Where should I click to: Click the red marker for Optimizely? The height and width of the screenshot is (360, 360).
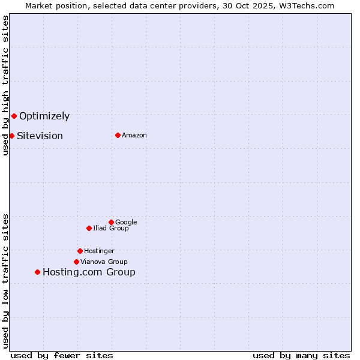point(14,116)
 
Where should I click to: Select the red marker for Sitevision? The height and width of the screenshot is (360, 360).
point(11,136)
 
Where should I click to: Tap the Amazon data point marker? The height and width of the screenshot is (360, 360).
point(118,135)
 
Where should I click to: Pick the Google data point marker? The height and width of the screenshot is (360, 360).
point(111,222)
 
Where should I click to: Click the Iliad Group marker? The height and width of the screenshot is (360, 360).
point(89,228)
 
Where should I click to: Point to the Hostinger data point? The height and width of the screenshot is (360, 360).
point(80,251)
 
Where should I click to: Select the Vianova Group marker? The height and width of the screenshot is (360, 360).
point(76,262)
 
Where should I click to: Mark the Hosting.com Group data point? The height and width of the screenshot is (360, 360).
point(37,272)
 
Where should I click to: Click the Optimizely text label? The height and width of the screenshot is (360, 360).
point(44,116)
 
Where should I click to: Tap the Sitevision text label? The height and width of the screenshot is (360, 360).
point(40,136)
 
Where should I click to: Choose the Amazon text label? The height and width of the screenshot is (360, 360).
point(134,136)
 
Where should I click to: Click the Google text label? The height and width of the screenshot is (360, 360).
point(126,223)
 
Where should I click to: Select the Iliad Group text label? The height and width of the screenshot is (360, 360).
point(111,229)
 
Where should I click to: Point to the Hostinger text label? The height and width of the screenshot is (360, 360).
point(99,251)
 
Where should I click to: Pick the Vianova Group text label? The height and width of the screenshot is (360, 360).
point(104,262)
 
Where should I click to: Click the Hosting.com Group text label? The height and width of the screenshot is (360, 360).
point(89,272)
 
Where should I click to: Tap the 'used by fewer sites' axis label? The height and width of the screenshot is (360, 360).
point(62,355)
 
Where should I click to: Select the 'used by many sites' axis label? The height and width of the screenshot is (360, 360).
point(301,355)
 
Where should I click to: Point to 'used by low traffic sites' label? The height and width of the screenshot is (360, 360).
point(5,280)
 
